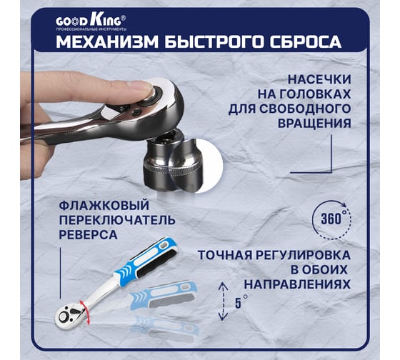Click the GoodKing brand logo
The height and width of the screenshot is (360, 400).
[x=91, y=24]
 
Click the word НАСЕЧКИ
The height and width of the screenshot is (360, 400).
[x=320, y=79]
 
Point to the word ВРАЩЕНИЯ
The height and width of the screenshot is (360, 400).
[x=314, y=124]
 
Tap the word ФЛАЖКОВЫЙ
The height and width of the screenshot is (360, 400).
[x=104, y=206]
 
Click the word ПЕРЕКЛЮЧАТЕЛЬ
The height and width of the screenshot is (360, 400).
[x=117, y=220]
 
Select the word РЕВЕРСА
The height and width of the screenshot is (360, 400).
[x=89, y=234]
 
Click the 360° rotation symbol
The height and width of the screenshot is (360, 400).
[x=332, y=219]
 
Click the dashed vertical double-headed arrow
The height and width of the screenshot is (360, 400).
[x=223, y=301]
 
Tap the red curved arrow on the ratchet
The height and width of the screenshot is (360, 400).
[x=85, y=312]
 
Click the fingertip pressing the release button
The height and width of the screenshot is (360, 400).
[x=143, y=86]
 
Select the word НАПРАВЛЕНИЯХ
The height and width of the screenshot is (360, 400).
[x=297, y=284]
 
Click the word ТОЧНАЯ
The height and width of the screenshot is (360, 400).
[x=226, y=255]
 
